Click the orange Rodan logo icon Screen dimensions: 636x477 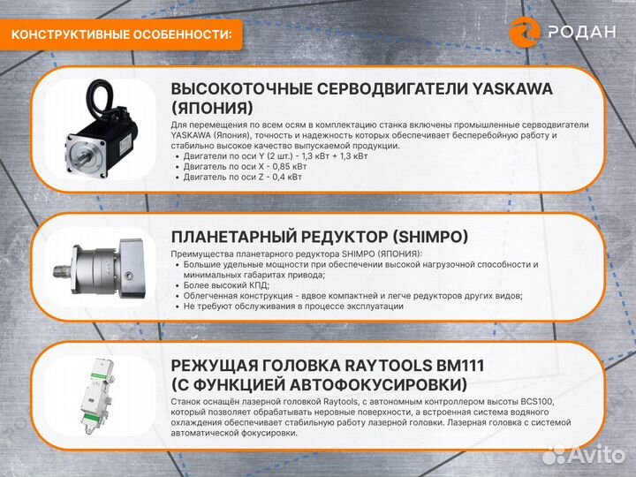click(x=525, y=32)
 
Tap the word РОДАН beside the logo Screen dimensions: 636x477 click(x=582, y=32)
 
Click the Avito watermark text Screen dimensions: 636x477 click(x=596, y=455)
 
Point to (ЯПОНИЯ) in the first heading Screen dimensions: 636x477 click(x=212, y=109)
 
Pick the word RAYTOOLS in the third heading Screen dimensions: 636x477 click(x=388, y=366)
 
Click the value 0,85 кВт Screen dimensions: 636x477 click(x=289, y=167)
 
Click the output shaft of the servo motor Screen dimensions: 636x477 click(x=83, y=156)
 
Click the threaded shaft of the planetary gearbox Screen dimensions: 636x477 click(x=62, y=271)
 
